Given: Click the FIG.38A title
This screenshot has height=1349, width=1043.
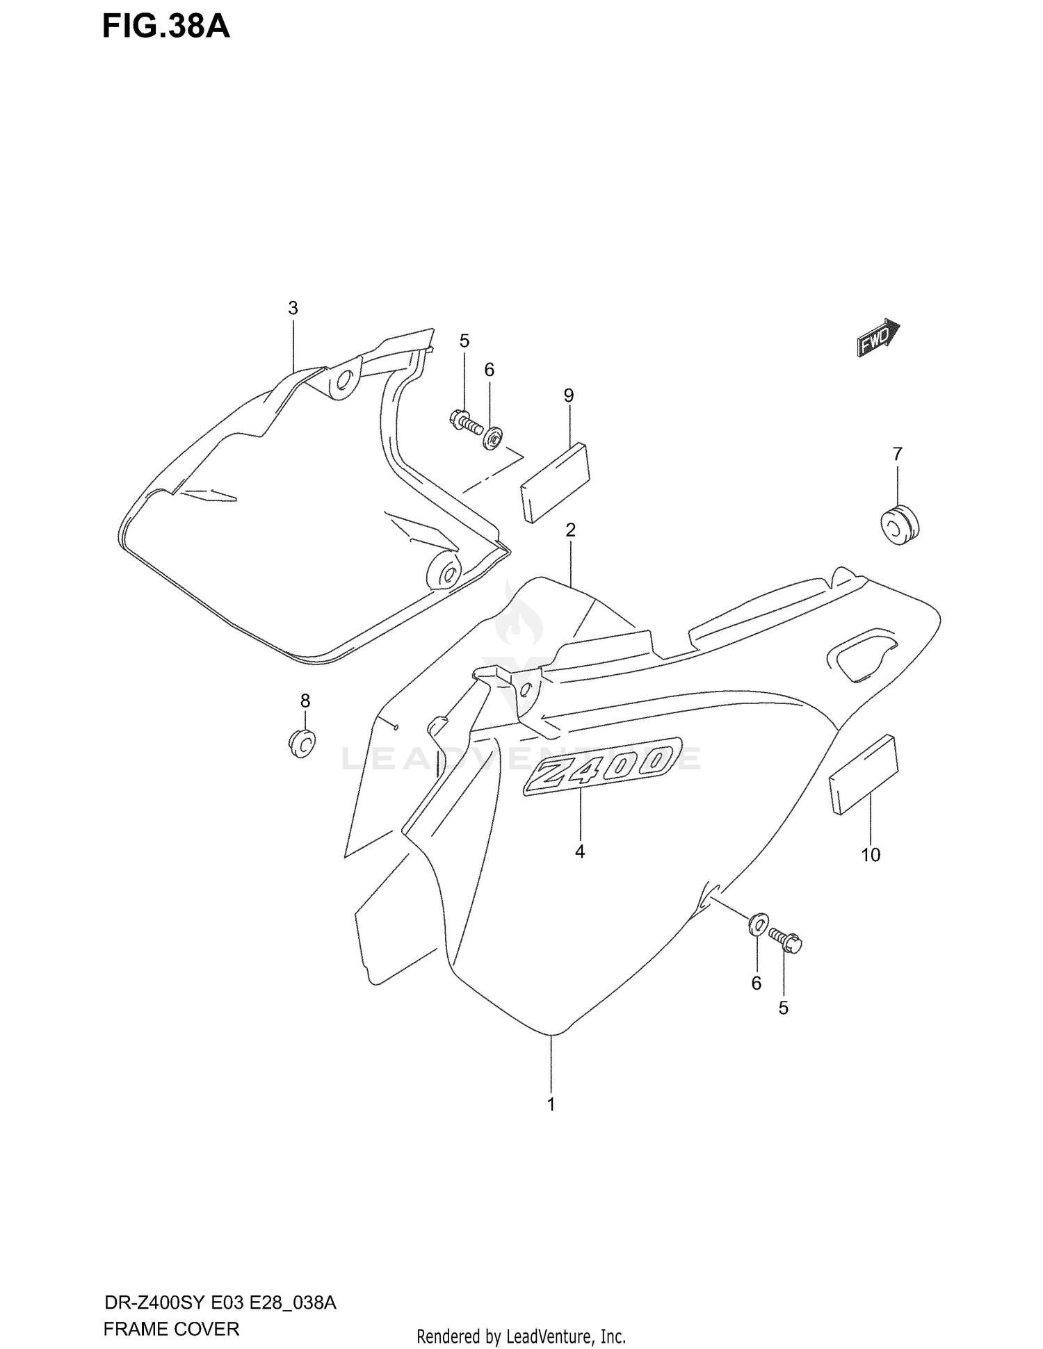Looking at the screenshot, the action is click(x=166, y=27).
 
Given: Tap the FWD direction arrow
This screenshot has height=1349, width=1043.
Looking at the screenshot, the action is click(x=878, y=338).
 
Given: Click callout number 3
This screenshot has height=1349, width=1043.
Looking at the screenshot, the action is click(x=293, y=308).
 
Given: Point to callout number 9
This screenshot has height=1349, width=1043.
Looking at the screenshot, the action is click(x=569, y=395).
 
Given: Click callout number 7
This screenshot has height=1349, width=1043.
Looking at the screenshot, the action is click(x=897, y=454).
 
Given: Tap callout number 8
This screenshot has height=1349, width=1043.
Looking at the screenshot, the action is click(x=305, y=701).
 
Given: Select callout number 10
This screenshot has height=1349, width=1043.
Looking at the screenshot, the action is click(x=871, y=855).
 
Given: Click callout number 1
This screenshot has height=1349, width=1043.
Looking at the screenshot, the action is click(x=551, y=1104).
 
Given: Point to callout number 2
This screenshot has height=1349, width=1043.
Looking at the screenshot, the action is click(x=570, y=530).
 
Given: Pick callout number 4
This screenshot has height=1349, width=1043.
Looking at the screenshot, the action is click(x=580, y=851).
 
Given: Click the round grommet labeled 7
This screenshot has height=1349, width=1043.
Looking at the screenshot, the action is click(x=899, y=525).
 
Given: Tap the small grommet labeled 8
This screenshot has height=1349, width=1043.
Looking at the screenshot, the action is click(x=302, y=743).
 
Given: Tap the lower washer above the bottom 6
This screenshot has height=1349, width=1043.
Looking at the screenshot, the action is click(x=758, y=924).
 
